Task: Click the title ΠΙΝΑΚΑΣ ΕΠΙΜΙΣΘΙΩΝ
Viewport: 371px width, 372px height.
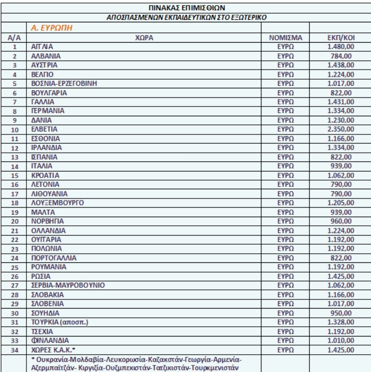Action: coord(185,8)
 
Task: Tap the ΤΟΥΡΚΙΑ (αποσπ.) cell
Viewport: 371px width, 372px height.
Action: coord(54,323)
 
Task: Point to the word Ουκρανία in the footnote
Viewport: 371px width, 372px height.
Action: coord(50,361)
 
